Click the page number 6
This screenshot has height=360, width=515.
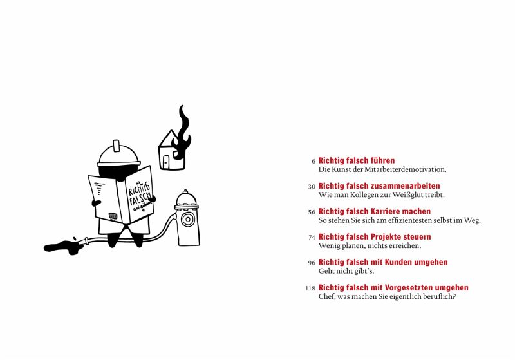tap(314, 161)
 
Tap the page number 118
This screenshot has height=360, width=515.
tap(310, 288)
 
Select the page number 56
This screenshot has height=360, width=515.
tap(312, 212)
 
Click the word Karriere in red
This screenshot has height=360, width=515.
tap(385, 211)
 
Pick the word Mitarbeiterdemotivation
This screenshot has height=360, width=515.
tap(406, 169)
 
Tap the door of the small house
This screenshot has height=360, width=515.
tap(166, 162)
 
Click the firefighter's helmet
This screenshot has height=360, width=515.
tap(118, 155)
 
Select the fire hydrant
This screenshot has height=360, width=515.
tap(187, 218)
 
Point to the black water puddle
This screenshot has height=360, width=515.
tap(62, 247)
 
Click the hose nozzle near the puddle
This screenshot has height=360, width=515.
tap(86, 241)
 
